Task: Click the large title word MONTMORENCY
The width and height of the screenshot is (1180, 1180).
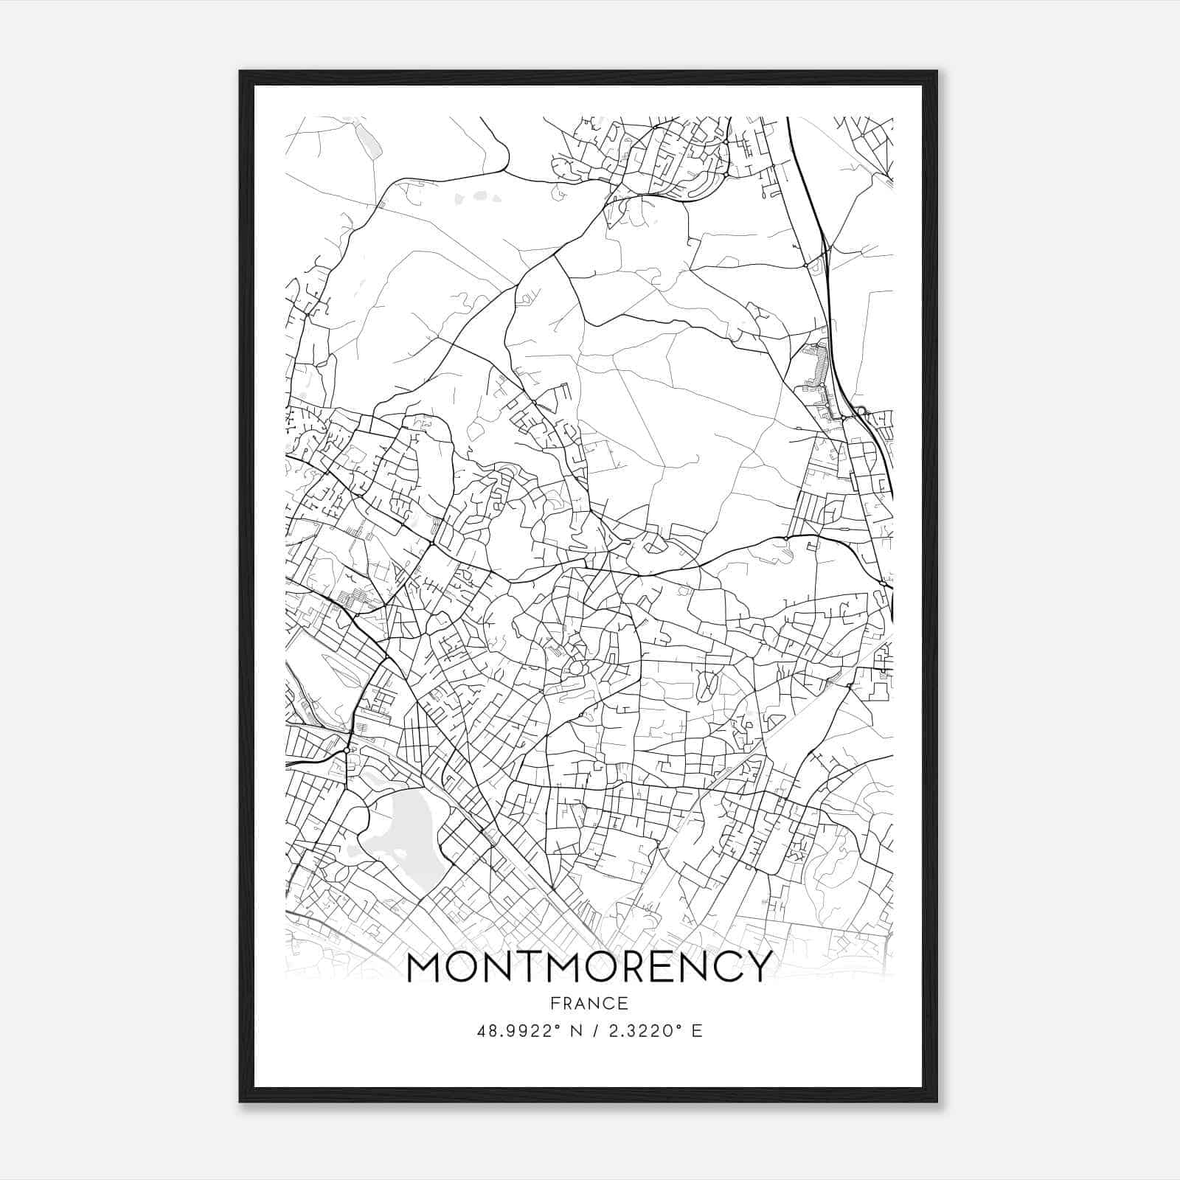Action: click(x=589, y=967)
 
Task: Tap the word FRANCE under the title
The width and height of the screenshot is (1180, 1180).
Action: click(x=589, y=1004)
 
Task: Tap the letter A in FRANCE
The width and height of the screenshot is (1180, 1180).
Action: click(x=580, y=1004)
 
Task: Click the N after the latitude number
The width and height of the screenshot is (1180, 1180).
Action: click(x=577, y=1031)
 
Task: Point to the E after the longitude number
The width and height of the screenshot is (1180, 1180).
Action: click(x=698, y=1031)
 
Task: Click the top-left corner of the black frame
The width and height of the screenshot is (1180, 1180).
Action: click(x=241, y=72)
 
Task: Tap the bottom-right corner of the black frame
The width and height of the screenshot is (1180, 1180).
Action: click(x=936, y=1100)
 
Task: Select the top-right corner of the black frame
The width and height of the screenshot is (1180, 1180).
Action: click(x=936, y=72)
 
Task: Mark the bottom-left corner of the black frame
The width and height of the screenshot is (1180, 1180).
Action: click(x=241, y=1100)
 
